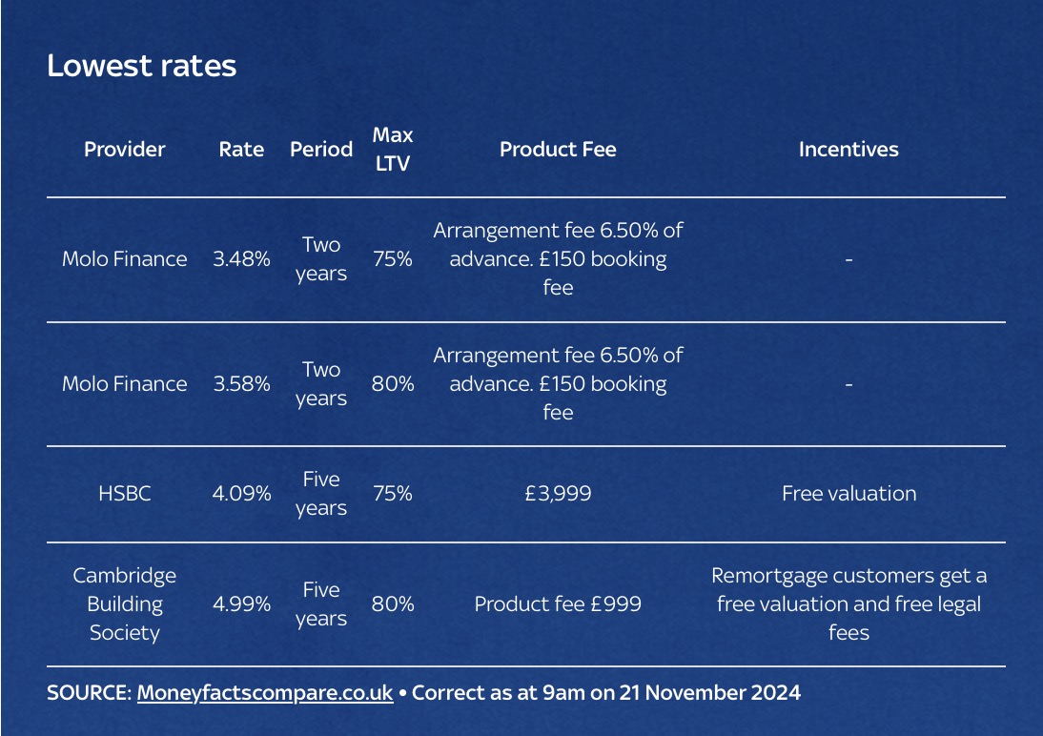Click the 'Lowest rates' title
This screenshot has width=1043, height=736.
pyautogui.click(x=141, y=66)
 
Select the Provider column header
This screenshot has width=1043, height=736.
pyautogui.click(x=124, y=150)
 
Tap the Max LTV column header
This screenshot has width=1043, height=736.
pyautogui.click(x=392, y=150)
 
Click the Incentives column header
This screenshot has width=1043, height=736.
pyautogui.click(x=848, y=150)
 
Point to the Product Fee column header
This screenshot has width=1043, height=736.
pyautogui.click(x=558, y=150)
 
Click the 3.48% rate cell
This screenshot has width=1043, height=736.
pyautogui.click(x=241, y=259)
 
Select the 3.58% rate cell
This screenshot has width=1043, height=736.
pyautogui.click(x=241, y=384)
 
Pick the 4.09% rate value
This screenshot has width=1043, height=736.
pyautogui.click(x=241, y=494)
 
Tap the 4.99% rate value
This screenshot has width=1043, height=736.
pyautogui.click(x=241, y=604)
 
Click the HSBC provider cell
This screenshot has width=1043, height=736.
pyautogui.click(x=124, y=494)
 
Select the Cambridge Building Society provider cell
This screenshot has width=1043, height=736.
pyautogui.click(x=124, y=604)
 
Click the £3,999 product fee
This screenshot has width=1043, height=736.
pyautogui.click(x=558, y=494)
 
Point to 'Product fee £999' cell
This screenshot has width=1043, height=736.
pyautogui.click(x=558, y=604)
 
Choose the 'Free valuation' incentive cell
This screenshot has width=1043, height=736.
pyautogui.click(x=848, y=494)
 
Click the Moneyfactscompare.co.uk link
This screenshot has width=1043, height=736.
pyautogui.click(x=265, y=693)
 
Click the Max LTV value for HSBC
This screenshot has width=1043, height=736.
pyautogui.click(x=392, y=494)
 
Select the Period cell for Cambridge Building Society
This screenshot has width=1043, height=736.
pyautogui.click(x=321, y=604)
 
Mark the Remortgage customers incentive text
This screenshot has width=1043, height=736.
pyautogui.click(x=848, y=604)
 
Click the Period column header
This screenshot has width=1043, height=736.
pyautogui.click(x=321, y=150)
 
